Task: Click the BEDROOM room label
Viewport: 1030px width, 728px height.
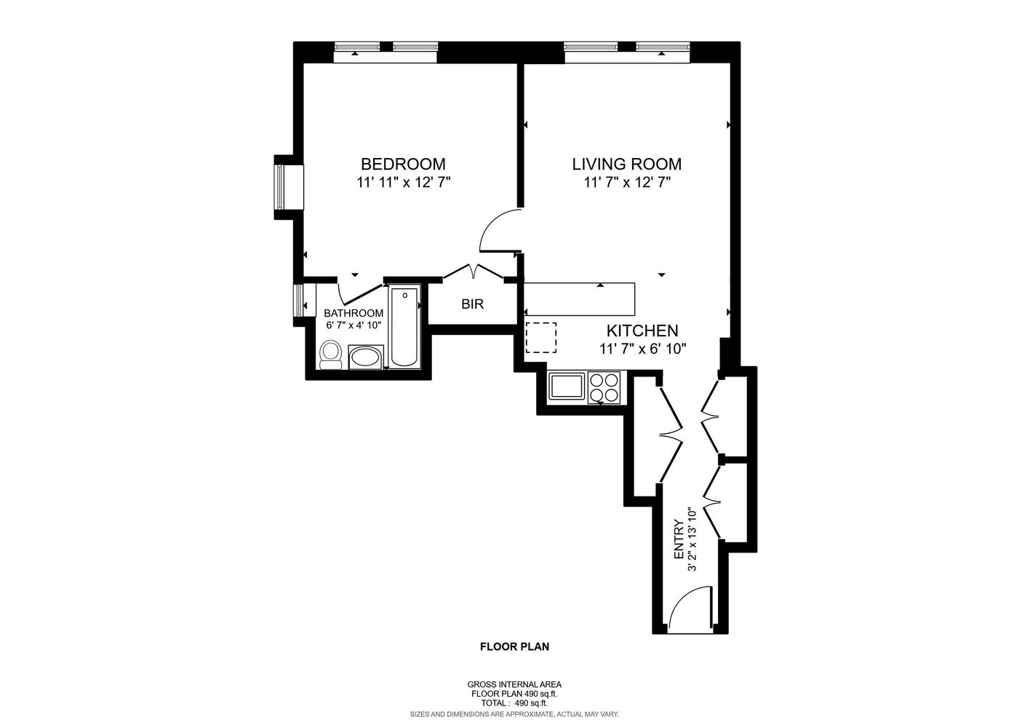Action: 403,164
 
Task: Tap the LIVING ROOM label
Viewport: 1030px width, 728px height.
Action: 626,164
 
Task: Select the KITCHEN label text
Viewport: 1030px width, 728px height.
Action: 642,331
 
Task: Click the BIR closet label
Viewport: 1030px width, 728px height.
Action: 472,304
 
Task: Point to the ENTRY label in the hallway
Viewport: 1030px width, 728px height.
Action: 679,539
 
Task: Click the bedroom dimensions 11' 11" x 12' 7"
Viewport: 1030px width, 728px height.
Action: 404,183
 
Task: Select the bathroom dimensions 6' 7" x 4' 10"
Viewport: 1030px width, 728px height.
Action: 354,325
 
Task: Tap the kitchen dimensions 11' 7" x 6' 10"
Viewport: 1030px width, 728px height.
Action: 643,349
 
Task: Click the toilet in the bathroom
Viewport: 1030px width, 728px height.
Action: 331,355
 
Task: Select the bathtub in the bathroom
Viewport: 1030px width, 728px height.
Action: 404,328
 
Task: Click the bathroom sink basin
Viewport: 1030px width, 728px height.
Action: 364,357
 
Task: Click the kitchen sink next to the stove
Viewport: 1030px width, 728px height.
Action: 567,386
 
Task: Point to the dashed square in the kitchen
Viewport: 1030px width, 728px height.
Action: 540,338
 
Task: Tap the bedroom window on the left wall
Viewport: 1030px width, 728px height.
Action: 280,187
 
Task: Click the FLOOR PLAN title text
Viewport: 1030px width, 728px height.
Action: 514,646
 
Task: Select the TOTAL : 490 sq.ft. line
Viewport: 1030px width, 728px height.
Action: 514,703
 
